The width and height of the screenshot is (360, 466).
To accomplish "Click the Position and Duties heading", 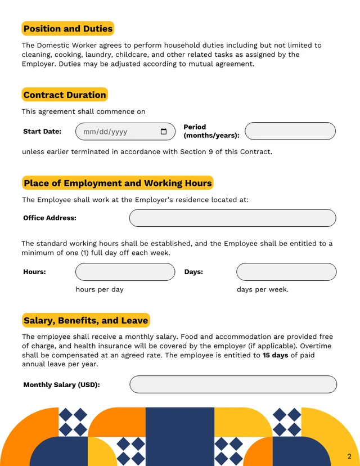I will click(68, 29).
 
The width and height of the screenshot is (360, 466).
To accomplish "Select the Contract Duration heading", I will click(65, 95).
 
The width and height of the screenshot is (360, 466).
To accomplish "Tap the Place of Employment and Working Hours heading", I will click(118, 183).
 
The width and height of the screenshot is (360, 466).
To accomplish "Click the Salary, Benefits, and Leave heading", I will click(85, 321).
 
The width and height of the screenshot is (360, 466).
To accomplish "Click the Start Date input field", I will click(118, 132).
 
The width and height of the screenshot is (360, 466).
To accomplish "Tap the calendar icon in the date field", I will click(164, 132).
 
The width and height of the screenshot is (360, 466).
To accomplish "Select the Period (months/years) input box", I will click(290, 131).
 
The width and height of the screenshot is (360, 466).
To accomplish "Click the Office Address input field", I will click(232, 218).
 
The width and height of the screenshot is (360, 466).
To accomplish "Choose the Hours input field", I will click(125, 272).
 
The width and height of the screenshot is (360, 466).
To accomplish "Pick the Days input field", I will click(286, 272).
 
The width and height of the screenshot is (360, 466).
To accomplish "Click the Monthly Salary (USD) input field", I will click(233, 384).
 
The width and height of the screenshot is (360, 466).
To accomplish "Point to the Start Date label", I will click(42, 132).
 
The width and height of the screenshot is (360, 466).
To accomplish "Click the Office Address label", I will click(49, 218).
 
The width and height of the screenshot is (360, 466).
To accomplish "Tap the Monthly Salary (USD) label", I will click(61, 385).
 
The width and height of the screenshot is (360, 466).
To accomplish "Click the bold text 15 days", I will click(275, 356).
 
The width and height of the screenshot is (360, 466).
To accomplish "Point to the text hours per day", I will click(100, 289).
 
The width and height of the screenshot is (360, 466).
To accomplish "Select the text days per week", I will click(262, 289).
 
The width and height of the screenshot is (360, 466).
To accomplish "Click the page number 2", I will click(349, 455).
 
